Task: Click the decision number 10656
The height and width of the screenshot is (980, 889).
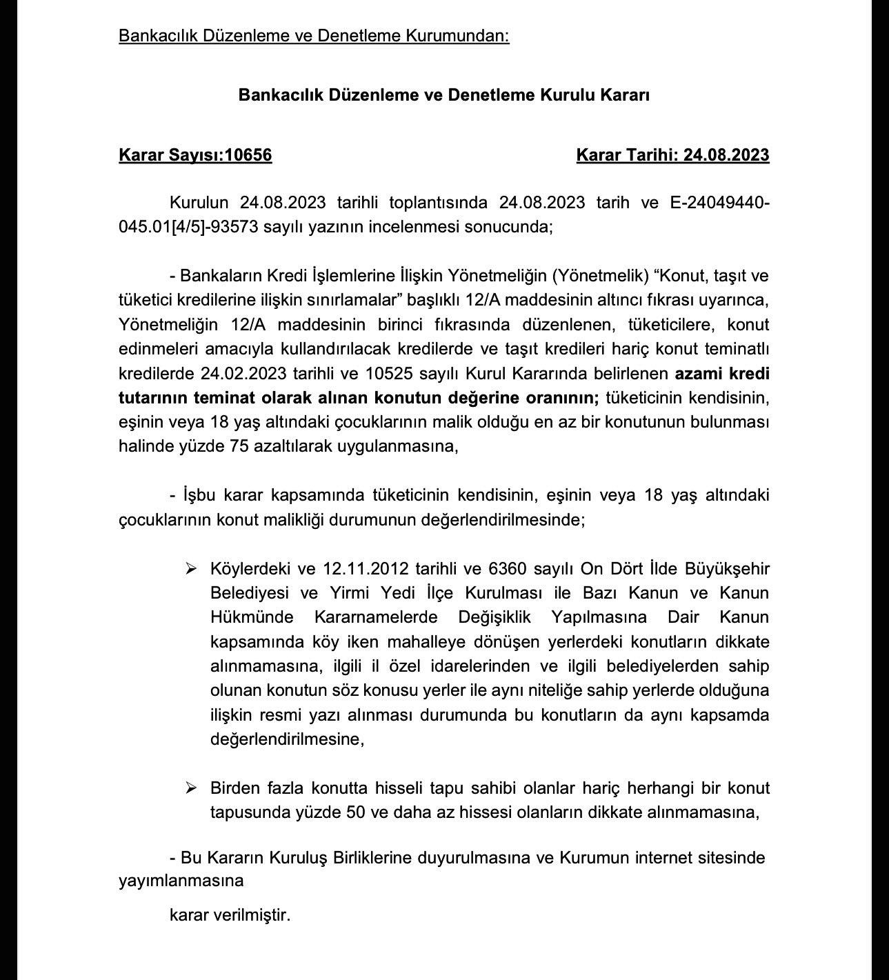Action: pos(248,155)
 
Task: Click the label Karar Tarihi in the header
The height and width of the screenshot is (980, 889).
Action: pos(627,155)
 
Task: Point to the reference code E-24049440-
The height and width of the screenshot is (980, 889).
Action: pos(719,203)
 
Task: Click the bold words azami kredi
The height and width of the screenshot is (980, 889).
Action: pos(721,374)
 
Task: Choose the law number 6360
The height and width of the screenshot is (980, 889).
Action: pos(507,569)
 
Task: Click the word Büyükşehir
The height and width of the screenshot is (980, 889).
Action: pos(727,569)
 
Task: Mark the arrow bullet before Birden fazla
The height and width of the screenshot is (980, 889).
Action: pos(191,788)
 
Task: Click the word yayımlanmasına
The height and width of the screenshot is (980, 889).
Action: pos(181,881)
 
